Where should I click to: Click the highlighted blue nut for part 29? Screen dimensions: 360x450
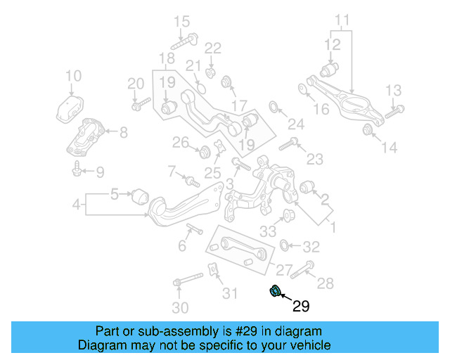click(276, 291)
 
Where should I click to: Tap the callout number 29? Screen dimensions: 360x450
click(300, 306)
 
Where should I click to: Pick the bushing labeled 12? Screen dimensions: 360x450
click(330, 70)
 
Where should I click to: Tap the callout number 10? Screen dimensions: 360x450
click(73, 76)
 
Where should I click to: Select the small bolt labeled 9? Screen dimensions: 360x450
click(76, 169)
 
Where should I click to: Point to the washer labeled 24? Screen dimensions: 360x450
click(274, 107)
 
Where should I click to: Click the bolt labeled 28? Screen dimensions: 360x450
click(307, 269)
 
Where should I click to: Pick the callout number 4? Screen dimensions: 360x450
click(77, 206)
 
